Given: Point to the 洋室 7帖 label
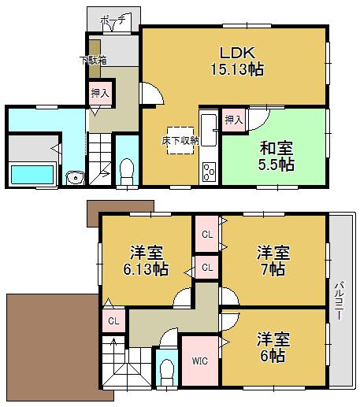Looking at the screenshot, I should coord(273,261).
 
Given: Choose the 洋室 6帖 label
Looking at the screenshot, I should coord(273,347).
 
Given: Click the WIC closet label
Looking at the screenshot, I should coord(199,363).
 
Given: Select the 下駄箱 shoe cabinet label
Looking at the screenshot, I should coord(92,59).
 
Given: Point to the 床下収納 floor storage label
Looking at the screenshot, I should coord(180,139).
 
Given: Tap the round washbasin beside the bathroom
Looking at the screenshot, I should coord(74,178).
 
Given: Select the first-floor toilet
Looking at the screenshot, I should coord(126,169).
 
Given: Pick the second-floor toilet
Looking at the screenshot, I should coord(166,372).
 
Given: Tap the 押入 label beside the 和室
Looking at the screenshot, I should coord(233,120).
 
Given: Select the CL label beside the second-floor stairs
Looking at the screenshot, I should coord(113,320).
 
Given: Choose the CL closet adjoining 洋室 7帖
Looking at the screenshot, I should coord(207,235).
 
